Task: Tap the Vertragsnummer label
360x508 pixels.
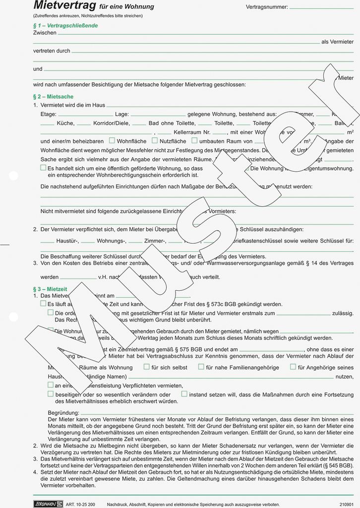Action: pyautogui.click(x=266, y=7)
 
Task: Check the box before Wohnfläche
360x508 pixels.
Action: pyautogui.click(x=112, y=141)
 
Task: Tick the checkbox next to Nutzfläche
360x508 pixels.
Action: pyautogui.click(x=155, y=141)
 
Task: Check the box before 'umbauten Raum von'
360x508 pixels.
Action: pyautogui.click(x=194, y=141)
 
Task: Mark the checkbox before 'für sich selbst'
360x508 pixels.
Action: pyautogui.click(x=146, y=367)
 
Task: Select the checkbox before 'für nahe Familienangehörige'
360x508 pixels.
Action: pyautogui.click(x=201, y=367)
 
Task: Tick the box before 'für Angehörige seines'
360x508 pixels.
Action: pyautogui.click(x=293, y=367)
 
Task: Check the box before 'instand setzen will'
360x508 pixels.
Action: pyautogui.click(x=184, y=394)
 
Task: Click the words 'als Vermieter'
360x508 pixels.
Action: pyautogui.click(x=338, y=42)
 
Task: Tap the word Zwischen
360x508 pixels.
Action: pyautogui.click(x=45, y=33)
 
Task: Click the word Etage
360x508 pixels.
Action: pyautogui.click(x=48, y=114)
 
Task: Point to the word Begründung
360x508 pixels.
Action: pyautogui.click(x=63, y=413)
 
